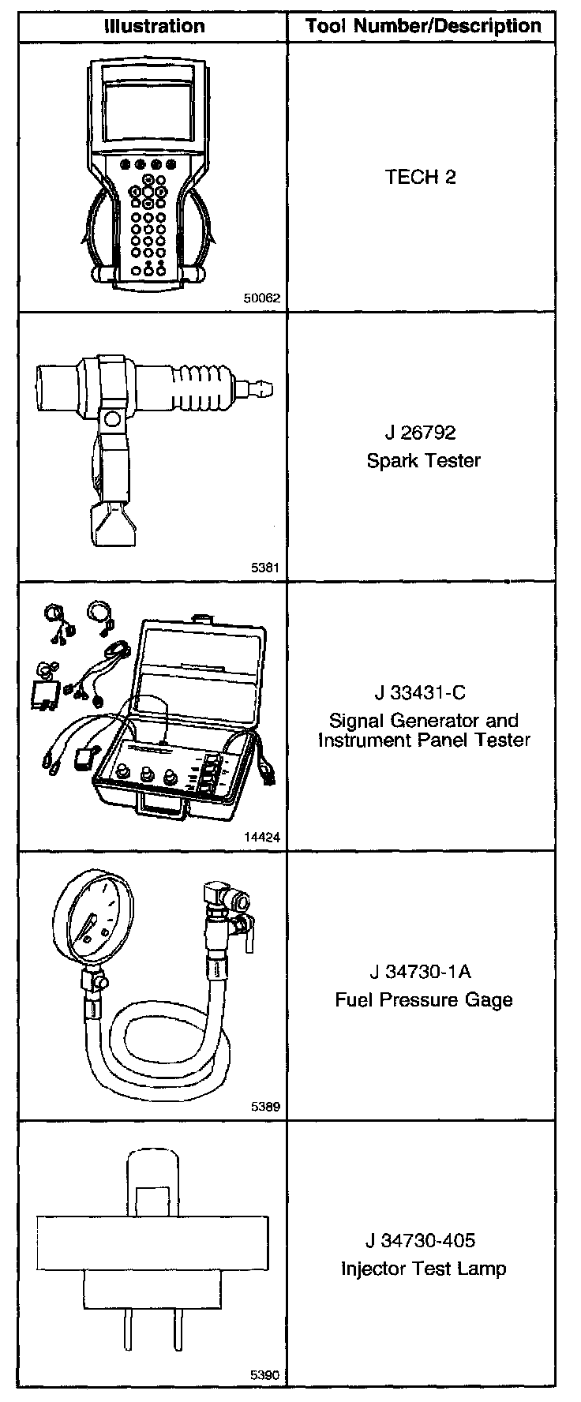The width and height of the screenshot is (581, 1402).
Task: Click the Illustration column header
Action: [x=155, y=26]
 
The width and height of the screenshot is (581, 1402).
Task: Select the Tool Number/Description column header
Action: [x=423, y=26]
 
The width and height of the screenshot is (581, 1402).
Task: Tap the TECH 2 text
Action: [x=421, y=177]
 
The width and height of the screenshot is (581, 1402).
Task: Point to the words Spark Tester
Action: [x=423, y=460]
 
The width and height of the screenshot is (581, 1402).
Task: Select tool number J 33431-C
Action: [x=421, y=693]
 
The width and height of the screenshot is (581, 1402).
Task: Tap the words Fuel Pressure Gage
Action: [x=424, y=1000]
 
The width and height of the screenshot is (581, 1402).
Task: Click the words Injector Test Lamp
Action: [x=423, y=1269]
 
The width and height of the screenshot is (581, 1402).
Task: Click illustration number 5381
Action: [x=265, y=568]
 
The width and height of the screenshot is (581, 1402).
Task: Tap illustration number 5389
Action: [x=265, y=1107]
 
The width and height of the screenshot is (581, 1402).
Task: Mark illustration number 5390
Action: [x=265, y=1375]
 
